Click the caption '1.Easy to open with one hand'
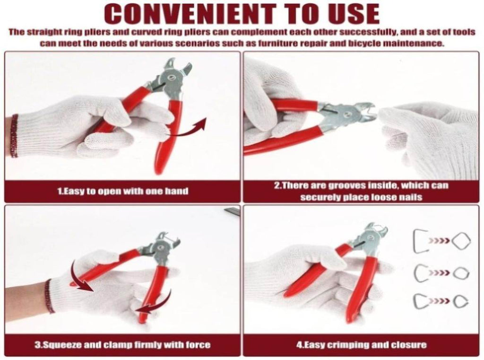pyautogui.click(x=123, y=191)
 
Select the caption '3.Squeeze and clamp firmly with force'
pyautogui.click(x=122, y=344)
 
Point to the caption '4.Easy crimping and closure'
pyautogui.click(x=362, y=345)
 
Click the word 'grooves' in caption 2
pyautogui.click(x=347, y=185)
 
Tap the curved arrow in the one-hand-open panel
pyautogui.click(x=187, y=130)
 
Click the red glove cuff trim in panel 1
pyautogui.click(x=14, y=136)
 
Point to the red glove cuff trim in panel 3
pyautogui.click(x=49, y=296)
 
